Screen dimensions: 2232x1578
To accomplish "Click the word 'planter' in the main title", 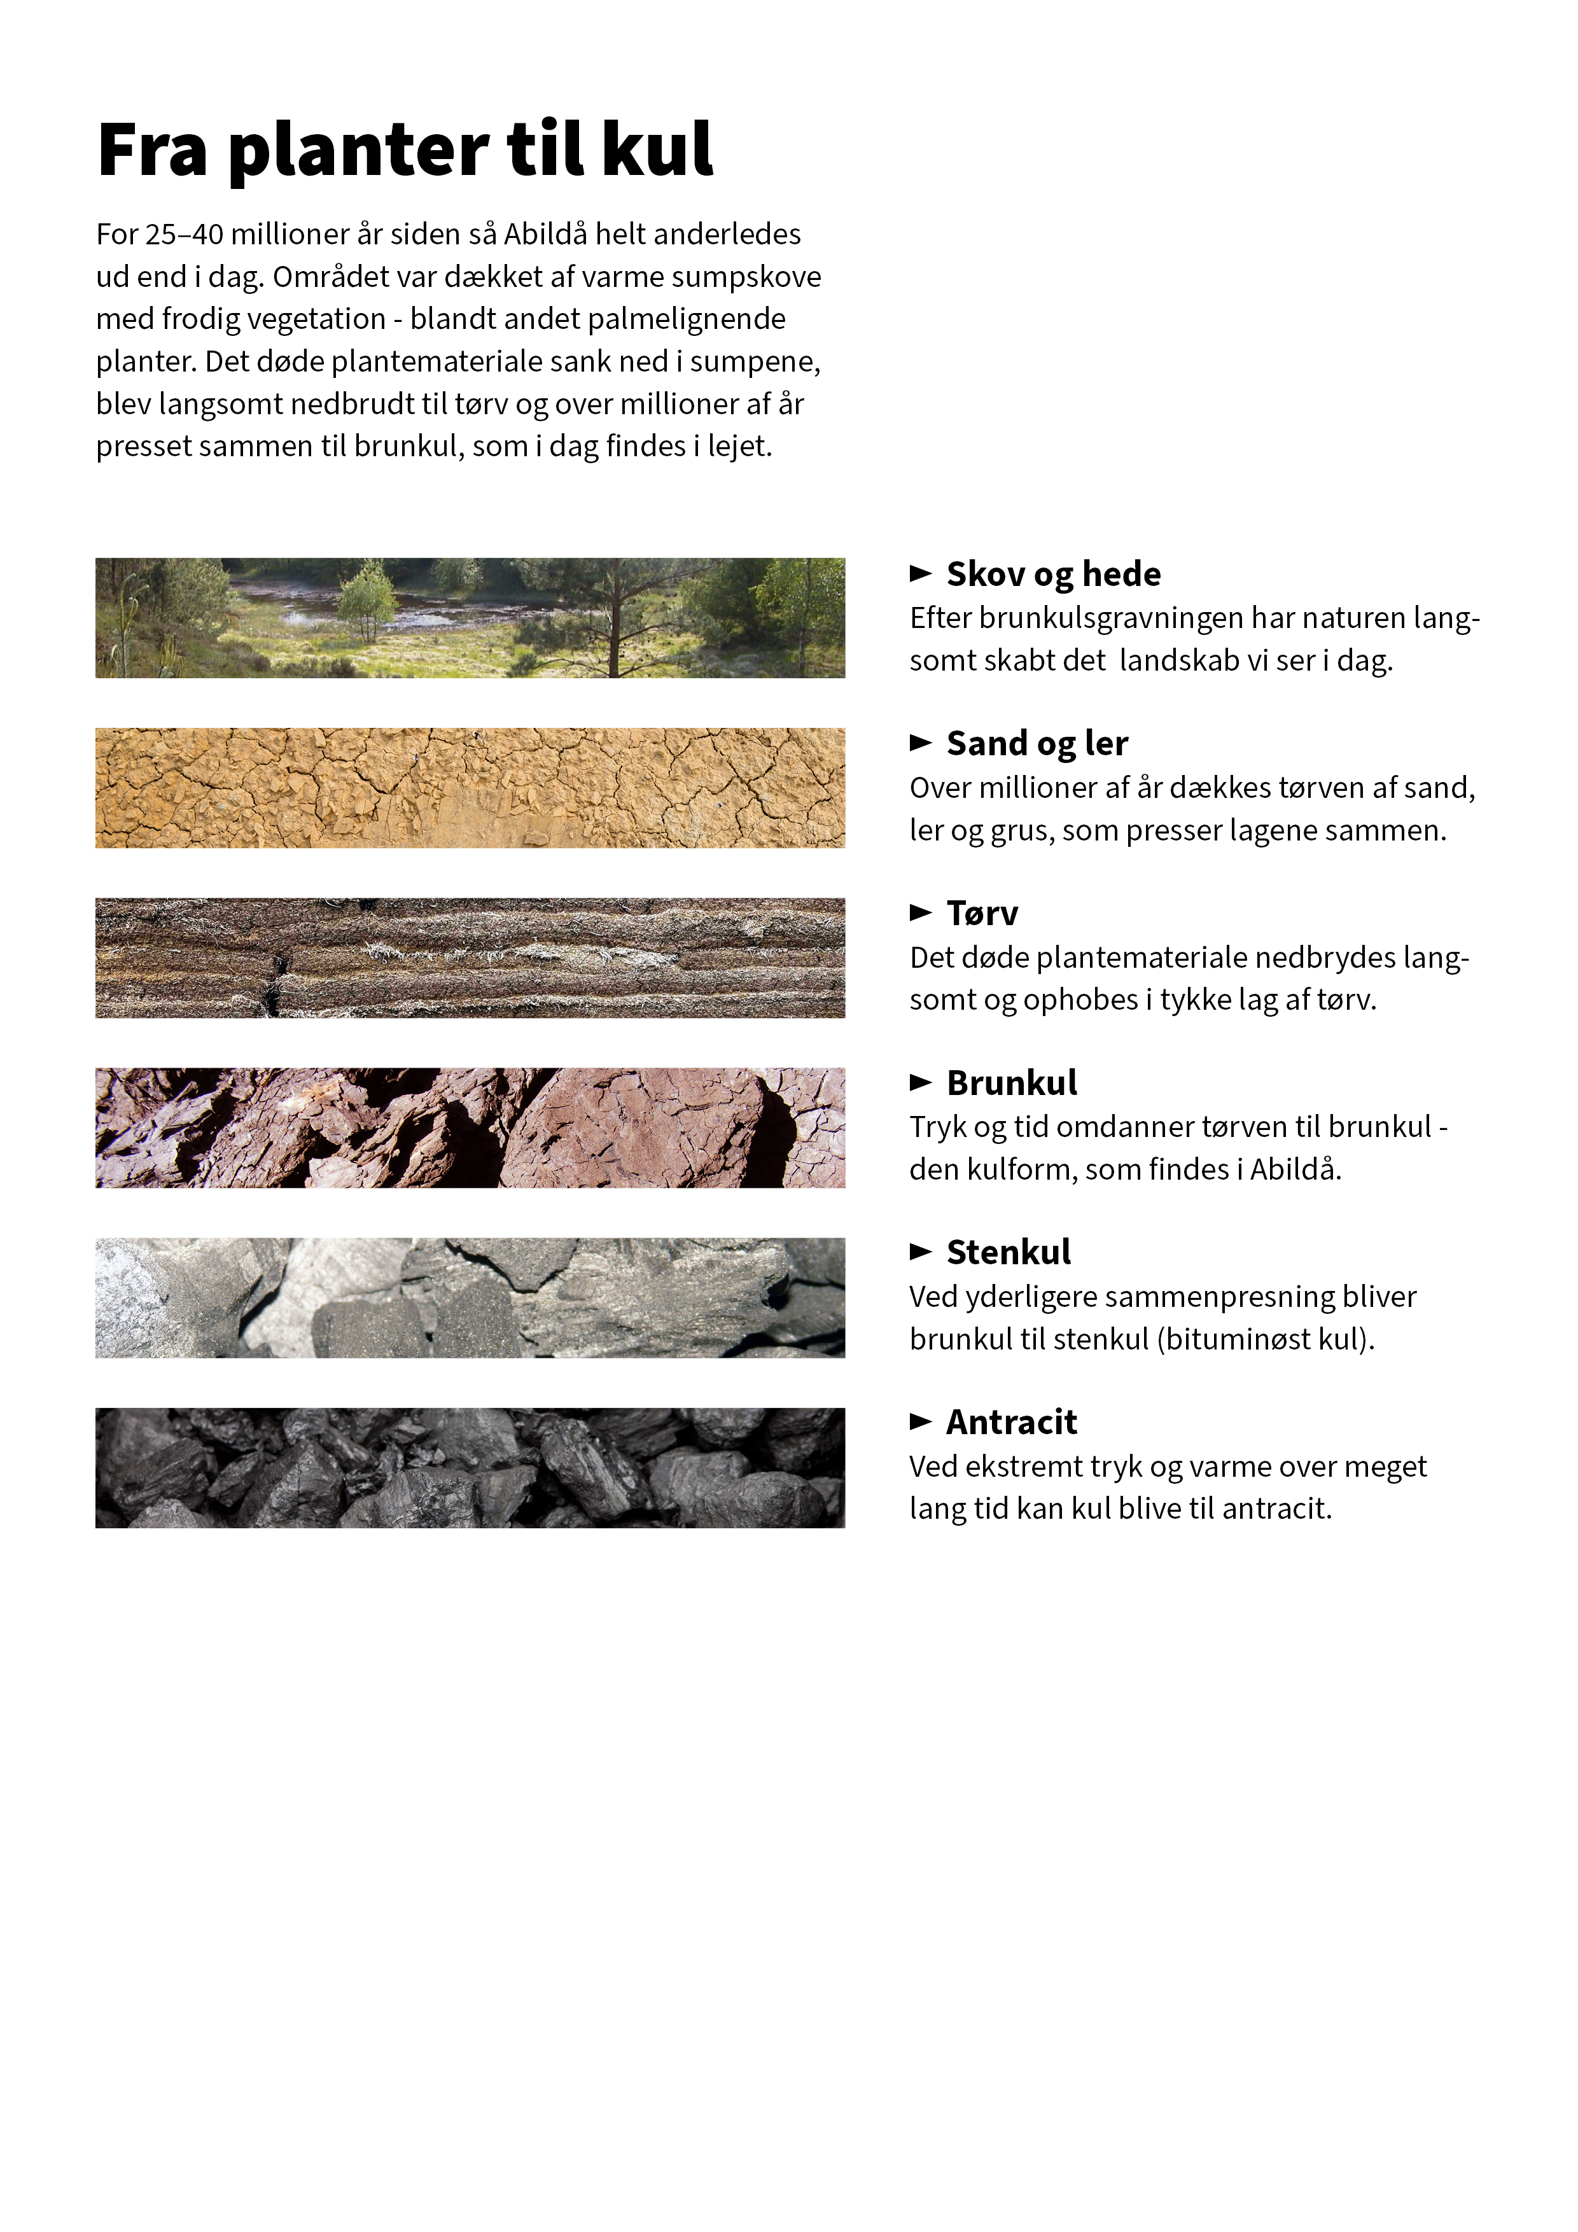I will pos(358,151).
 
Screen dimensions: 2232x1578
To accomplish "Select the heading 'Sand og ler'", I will pos(1037,744).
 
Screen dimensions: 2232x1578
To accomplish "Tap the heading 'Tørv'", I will pos(982,913).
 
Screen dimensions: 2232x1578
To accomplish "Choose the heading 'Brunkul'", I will pos(1011,1083).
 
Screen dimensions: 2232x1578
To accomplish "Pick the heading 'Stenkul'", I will pos(1009,1252).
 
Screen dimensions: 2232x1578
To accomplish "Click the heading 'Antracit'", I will pos(1011,1422).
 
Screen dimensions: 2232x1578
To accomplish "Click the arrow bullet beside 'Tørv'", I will pos(920,912).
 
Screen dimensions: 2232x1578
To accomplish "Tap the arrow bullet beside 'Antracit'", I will pos(920,1421).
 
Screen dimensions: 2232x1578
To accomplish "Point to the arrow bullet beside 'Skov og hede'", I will pos(920,573).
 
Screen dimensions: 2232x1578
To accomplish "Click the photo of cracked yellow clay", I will pos(470,788).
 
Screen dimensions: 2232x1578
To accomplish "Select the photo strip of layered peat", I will pos(470,958).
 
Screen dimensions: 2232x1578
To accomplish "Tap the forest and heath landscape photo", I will pos(470,618).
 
